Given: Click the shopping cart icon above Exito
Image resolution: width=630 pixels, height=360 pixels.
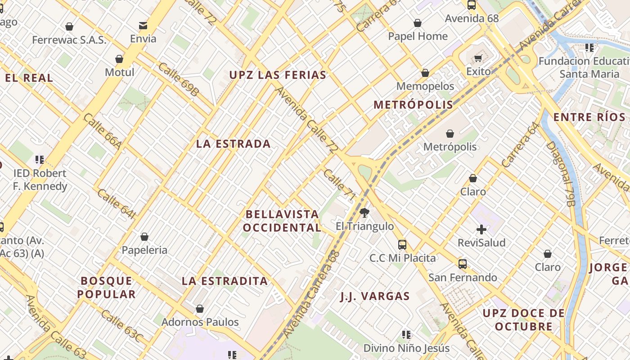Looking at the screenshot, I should (x=478, y=58).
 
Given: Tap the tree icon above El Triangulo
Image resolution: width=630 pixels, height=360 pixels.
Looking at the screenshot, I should (x=364, y=212).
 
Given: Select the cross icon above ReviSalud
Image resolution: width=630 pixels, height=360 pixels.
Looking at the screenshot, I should (x=481, y=229).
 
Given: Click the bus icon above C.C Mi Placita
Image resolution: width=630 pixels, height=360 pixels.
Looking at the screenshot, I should (x=402, y=245).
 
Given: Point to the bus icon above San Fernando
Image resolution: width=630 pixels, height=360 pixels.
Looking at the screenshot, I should (x=463, y=264).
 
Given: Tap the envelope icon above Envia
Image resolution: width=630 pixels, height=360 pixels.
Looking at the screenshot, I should (x=143, y=26).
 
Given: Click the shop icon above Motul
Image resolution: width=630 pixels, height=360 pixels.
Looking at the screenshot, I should (x=119, y=59).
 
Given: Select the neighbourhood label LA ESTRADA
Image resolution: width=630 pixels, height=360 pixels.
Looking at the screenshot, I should (x=234, y=144).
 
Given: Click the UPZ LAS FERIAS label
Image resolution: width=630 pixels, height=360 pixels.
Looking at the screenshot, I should (x=278, y=75).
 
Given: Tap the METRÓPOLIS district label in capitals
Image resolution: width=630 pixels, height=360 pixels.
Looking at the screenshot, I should (x=413, y=105).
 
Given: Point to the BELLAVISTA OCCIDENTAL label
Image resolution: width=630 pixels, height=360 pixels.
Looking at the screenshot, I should (x=282, y=221).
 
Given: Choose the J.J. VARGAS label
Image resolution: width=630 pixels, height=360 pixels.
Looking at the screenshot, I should (x=375, y=296).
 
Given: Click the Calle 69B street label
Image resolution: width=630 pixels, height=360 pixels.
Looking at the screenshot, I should (x=178, y=80).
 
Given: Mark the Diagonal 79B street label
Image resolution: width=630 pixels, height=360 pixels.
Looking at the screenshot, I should (x=561, y=173).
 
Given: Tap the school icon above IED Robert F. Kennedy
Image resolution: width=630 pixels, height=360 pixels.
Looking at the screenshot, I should (x=40, y=159).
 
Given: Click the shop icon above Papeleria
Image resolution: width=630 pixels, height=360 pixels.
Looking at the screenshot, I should (x=144, y=237).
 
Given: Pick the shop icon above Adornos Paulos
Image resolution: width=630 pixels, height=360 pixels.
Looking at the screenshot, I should (x=200, y=309).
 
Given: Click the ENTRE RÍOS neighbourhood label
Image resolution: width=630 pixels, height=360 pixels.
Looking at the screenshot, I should (x=589, y=117).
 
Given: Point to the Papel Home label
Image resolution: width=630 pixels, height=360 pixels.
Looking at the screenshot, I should (x=418, y=36).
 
